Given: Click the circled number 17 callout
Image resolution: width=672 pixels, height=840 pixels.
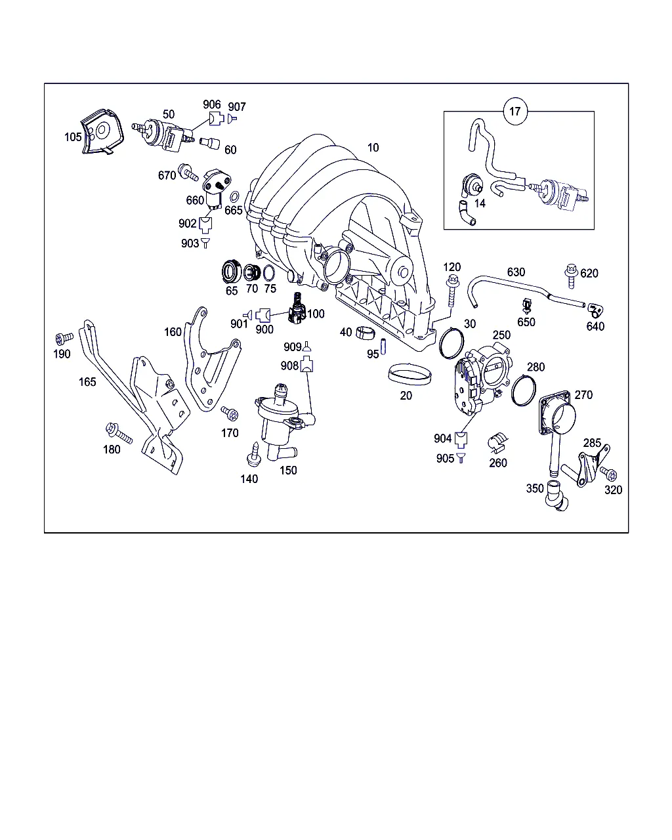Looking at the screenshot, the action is coord(515,112).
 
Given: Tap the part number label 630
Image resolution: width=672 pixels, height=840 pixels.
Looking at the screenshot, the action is coord(516,272).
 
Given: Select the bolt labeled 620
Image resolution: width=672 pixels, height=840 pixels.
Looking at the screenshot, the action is coord(571,276).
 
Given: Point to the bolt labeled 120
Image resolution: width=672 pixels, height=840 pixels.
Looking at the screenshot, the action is coord(453,291).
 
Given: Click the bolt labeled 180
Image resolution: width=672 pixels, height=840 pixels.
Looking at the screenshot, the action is coord(119,433).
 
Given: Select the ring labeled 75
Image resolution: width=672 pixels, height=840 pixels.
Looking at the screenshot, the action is coord(269,273).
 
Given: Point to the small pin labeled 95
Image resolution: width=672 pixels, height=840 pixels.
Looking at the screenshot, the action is coord(383,346).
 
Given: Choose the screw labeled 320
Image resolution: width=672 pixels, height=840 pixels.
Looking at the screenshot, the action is coord(608,473).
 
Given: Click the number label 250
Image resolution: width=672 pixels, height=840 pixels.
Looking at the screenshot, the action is coord(501,335).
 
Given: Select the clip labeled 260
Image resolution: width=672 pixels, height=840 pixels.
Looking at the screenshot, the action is coord(498,443).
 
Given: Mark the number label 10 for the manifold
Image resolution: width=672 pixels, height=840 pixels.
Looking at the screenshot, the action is coord(373,148).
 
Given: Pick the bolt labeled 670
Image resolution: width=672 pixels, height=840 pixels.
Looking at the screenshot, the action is coord(188,172).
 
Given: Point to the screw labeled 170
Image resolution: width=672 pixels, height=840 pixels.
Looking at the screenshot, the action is coord(230,413).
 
